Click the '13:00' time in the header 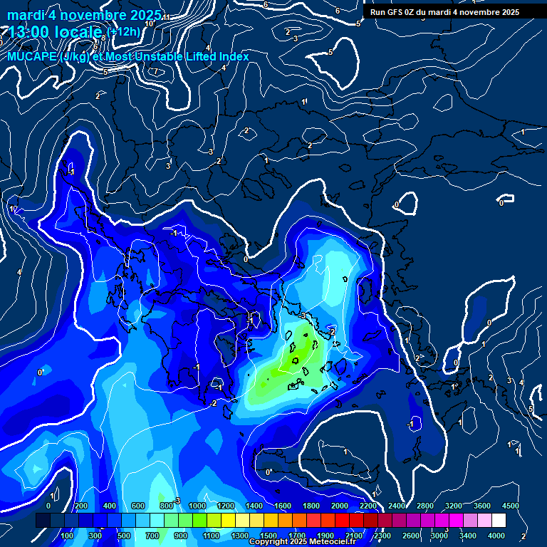coord(28,32)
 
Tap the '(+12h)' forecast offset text coord(125,31)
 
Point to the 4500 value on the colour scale coord(510,506)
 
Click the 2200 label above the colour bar coord(368,506)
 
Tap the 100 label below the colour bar coord(67,536)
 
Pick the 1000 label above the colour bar coord(196,506)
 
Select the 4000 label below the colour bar coord(496,536)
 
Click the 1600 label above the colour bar coord(282,506)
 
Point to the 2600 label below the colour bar coord(411,536)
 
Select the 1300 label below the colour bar coord(239,536)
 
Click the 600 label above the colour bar coord(138,506)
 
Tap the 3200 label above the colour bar coord(454,506)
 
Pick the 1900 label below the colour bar coord(325,536)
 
